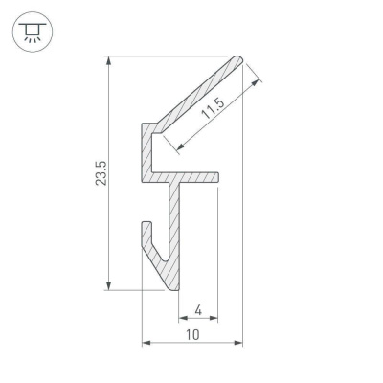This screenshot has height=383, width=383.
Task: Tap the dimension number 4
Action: click(x=197, y=309)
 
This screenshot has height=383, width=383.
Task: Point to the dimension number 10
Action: click(x=192, y=334)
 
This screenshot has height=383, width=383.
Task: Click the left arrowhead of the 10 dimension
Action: click(x=146, y=341)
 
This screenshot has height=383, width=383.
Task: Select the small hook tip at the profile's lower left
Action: click(x=146, y=225)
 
